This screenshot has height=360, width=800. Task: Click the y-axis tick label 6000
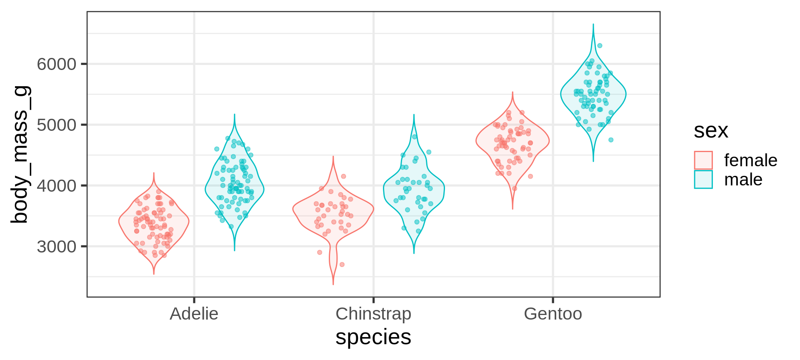57,64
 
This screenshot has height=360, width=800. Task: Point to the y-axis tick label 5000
57,125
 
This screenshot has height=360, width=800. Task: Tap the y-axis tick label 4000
57,186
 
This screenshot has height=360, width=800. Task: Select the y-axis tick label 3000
57,247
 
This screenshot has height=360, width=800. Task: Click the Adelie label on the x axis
194,314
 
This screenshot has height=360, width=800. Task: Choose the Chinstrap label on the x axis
373,314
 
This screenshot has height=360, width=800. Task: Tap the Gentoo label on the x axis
552,314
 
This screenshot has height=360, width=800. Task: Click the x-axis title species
373,337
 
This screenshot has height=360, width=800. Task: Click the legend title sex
711,131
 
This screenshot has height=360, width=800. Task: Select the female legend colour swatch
703,160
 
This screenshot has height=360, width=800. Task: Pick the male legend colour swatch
703,180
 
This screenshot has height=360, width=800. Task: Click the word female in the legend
751,160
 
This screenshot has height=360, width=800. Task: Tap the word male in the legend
743,180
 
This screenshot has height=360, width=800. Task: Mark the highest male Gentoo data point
600,46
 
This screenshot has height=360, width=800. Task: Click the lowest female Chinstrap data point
342,265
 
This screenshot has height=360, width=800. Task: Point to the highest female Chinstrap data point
344,176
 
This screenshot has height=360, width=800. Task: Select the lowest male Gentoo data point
611,140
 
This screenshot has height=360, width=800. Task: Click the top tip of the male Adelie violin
235,115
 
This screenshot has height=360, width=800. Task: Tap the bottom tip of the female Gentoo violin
512,208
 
